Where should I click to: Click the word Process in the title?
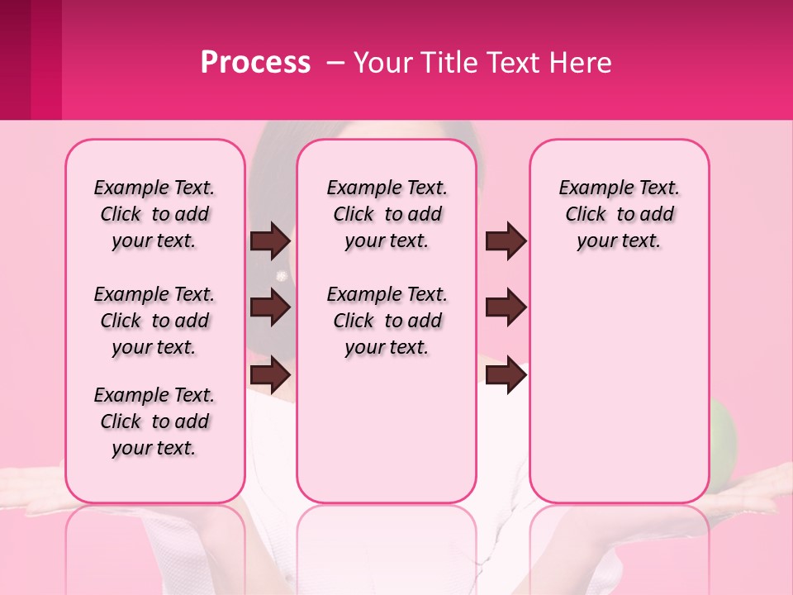[255, 63]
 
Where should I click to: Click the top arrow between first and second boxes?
[270, 241]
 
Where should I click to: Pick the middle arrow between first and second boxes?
[270, 308]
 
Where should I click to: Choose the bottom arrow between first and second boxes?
[270, 375]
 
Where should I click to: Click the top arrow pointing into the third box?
[506, 241]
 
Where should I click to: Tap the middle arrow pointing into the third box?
[506, 308]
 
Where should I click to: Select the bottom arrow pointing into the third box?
[506, 375]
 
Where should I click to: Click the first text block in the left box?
[154, 214]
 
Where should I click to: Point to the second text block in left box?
[154, 321]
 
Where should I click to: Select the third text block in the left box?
[154, 421]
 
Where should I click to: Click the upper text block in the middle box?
[387, 214]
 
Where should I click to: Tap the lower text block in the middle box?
[387, 321]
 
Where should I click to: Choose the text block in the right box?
[620, 214]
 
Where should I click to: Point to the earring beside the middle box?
[282, 275]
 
